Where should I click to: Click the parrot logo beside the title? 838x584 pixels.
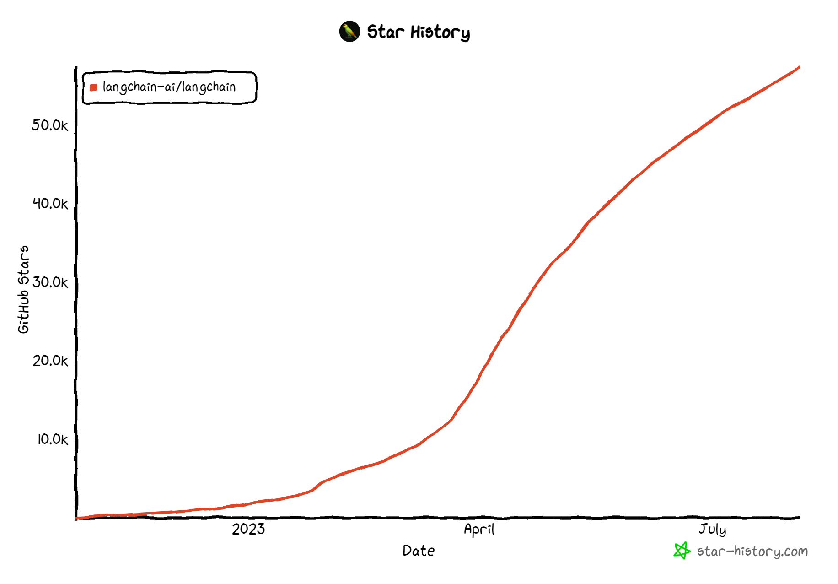click(x=349, y=32)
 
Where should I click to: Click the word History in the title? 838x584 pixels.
click(x=440, y=32)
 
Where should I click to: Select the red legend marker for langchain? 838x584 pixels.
click(x=94, y=87)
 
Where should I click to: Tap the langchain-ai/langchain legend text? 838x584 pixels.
click(x=169, y=87)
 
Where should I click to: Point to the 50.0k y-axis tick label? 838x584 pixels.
click(x=50, y=125)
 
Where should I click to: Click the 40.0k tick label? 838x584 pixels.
click(x=50, y=203)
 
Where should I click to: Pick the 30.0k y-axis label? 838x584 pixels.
click(x=50, y=282)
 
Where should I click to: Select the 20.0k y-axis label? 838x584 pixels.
click(x=50, y=361)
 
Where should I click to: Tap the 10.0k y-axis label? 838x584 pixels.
click(x=52, y=439)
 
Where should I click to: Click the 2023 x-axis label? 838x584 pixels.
click(x=248, y=529)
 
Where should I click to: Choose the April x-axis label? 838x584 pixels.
click(x=479, y=530)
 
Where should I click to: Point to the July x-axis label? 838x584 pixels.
click(x=712, y=530)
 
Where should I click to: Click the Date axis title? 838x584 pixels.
click(x=419, y=551)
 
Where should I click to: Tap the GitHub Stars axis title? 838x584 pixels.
click(x=23, y=289)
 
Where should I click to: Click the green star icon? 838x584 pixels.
click(x=682, y=551)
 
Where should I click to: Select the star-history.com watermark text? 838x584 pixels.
click(x=752, y=551)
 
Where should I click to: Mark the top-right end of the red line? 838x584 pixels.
click(x=799, y=68)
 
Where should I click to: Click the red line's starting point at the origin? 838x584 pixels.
click(x=77, y=519)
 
